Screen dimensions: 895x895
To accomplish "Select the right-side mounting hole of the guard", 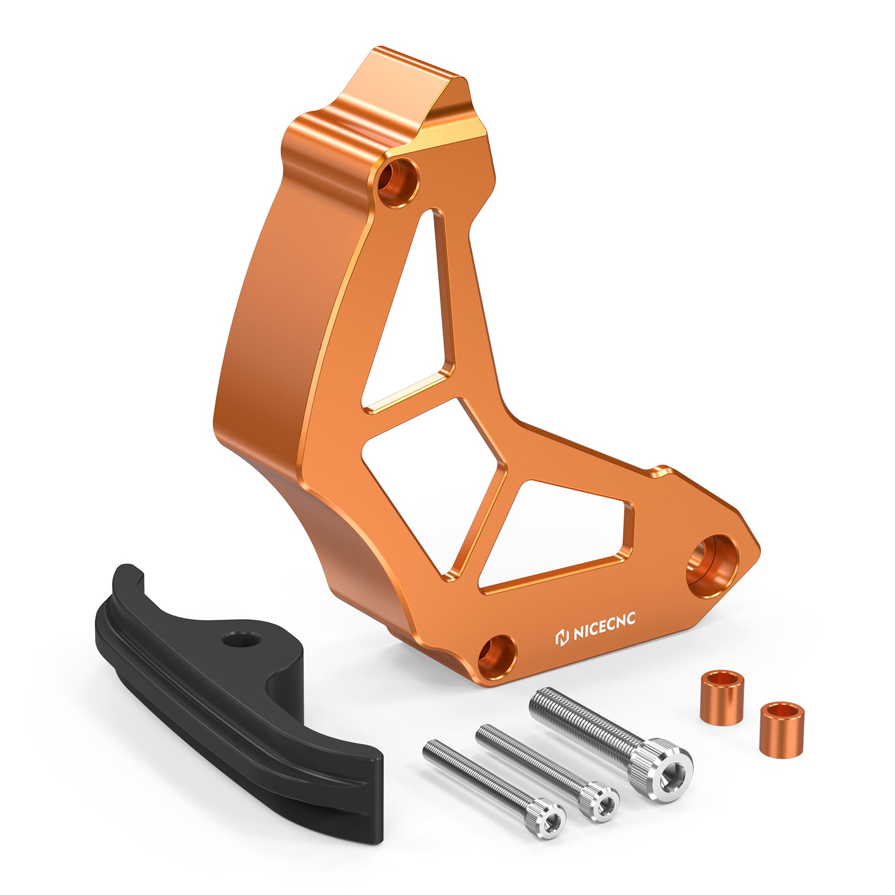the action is (x=712, y=565).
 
